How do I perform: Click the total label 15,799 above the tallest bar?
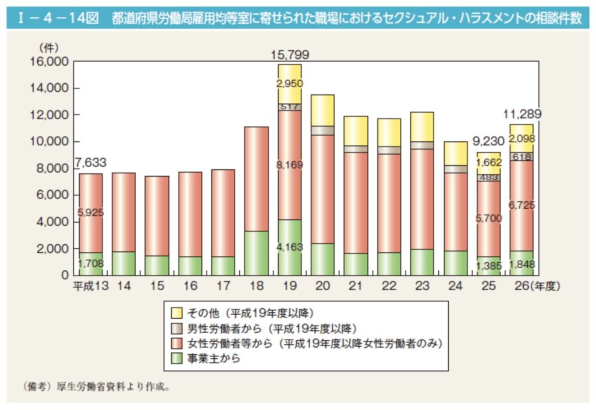point(290,55)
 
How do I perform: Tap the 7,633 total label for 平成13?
point(90,163)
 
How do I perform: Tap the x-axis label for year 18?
point(256,286)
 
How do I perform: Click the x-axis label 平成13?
point(90,286)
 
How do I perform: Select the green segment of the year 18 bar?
point(256,253)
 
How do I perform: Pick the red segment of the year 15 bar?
point(157,216)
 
